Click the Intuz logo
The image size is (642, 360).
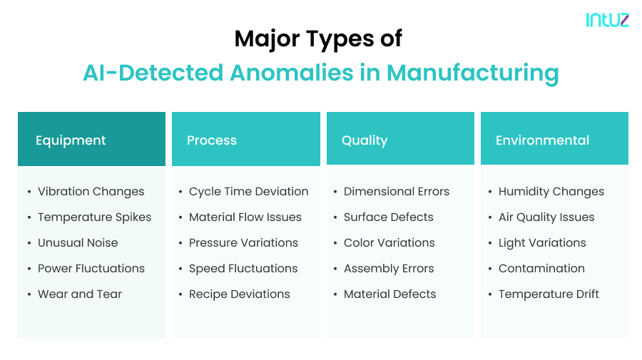[x=607, y=20]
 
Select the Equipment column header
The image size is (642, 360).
[x=71, y=140]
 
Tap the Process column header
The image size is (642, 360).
[x=212, y=140]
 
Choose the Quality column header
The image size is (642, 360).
[x=365, y=140]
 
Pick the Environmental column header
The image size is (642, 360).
[x=542, y=140]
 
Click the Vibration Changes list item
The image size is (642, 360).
[x=91, y=192]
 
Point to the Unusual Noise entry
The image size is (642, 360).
[x=78, y=243]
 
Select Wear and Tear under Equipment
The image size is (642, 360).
[x=80, y=294]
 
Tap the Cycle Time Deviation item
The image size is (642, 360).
[x=248, y=192]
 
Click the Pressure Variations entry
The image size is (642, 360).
[x=243, y=243]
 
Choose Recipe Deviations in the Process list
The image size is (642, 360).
[x=239, y=294]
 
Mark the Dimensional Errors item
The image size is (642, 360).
[x=397, y=192]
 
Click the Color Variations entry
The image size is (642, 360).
[x=389, y=243]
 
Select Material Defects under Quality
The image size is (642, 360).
[x=389, y=294]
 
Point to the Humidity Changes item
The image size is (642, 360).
[x=551, y=192]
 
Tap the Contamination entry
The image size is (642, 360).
[x=541, y=269]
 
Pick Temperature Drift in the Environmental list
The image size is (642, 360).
[x=549, y=294]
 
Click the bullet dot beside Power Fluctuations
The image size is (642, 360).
[x=29, y=269]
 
